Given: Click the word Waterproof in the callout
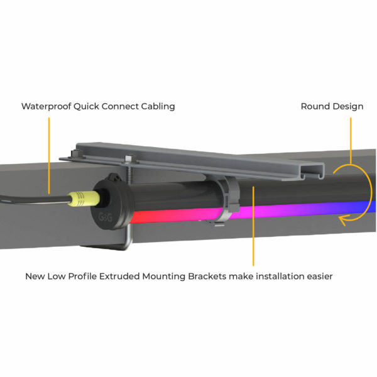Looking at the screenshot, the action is (46, 107).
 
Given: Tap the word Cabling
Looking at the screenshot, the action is (158, 107).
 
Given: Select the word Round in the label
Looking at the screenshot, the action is (314, 106).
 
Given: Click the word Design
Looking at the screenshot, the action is (347, 107).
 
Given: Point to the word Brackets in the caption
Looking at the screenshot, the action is (207, 276).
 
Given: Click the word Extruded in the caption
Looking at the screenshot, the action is (119, 276).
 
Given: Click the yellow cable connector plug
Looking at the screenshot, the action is (84, 199).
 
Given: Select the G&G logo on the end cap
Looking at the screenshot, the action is (105, 217).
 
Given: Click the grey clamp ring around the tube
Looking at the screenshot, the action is (229, 197).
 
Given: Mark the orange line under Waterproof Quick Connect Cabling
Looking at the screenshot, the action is (49, 156).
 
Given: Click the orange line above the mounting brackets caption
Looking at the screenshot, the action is (253, 226).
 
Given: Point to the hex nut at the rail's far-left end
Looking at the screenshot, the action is (75, 153).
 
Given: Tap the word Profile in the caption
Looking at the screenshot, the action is (82, 276).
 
